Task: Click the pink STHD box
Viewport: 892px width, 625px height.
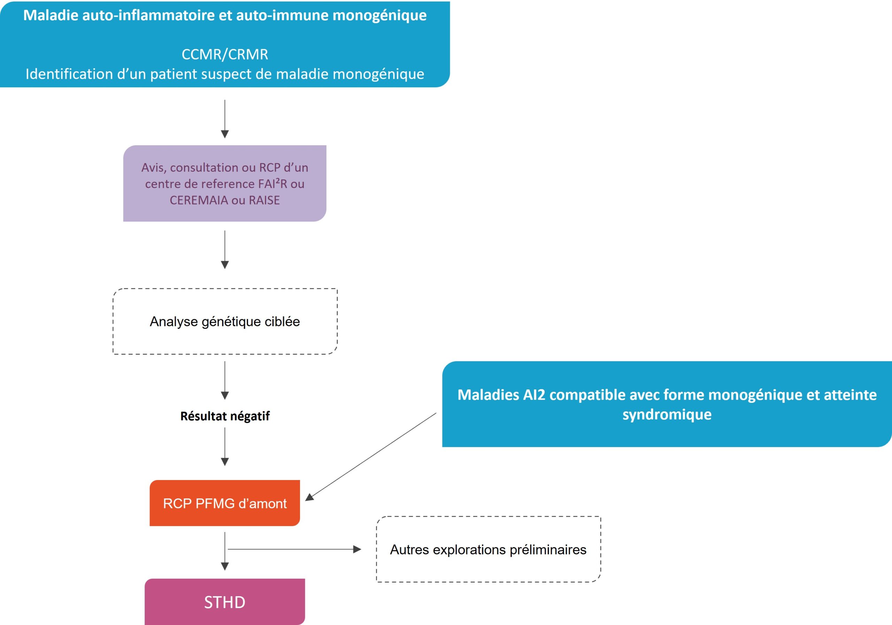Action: pyautogui.click(x=224, y=602)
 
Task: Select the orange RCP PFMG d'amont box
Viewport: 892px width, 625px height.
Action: pyautogui.click(x=224, y=503)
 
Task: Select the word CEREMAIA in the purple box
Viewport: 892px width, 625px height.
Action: pyautogui.click(x=199, y=200)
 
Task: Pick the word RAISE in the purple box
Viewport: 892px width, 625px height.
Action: pyautogui.click(x=264, y=200)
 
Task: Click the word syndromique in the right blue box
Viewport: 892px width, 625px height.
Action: pyautogui.click(x=667, y=415)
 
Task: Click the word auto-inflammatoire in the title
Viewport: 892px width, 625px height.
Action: pyautogui.click(x=138, y=15)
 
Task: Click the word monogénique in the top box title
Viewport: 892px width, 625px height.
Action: pyautogui.click(x=379, y=15)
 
